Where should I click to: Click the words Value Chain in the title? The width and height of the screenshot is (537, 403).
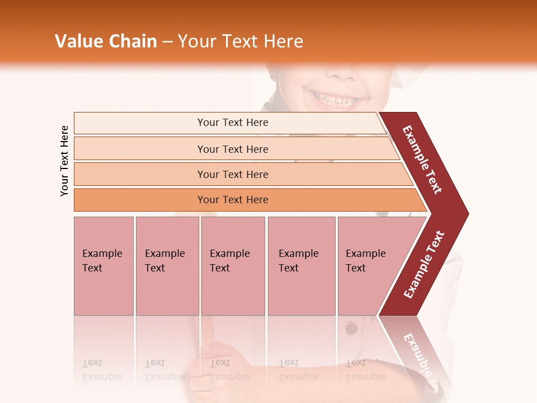[106, 41]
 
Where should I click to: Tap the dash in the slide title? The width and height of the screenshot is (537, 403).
[167, 41]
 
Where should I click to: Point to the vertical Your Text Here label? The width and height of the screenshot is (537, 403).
[64, 161]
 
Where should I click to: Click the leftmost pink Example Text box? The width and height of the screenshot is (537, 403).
[103, 265]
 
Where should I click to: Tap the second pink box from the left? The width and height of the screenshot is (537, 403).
[167, 265]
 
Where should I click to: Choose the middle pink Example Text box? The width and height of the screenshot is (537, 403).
[233, 265]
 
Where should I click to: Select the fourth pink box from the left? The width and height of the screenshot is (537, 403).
[301, 265]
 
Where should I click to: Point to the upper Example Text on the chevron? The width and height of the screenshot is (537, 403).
[422, 160]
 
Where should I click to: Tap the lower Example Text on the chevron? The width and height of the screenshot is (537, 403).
[423, 265]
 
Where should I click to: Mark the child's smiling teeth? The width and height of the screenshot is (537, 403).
[335, 101]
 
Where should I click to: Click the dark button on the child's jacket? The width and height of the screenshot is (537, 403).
[351, 329]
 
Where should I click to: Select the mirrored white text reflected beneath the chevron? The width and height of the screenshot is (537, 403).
[417, 353]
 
